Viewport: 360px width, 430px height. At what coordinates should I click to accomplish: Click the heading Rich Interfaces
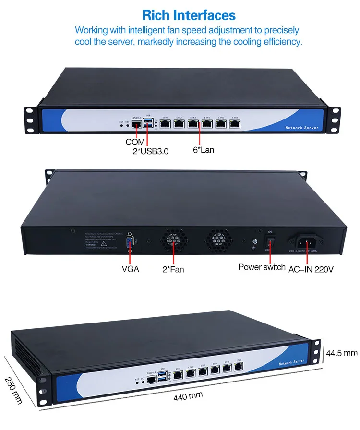click(x=189, y=15)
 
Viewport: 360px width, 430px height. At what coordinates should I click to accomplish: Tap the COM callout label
click(x=135, y=142)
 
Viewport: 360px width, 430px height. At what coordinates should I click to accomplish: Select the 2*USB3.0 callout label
click(x=151, y=151)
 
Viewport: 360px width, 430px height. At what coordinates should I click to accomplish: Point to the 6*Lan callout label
click(x=204, y=150)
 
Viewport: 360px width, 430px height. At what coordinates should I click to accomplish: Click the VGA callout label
click(x=130, y=269)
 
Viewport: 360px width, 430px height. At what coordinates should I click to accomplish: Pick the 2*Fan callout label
click(x=173, y=269)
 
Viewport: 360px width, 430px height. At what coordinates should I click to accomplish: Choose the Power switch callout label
click(x=262, y=267)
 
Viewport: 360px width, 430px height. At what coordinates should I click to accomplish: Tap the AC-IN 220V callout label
click(x=311, y=269)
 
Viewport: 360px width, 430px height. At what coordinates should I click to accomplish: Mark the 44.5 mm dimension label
click(x=342, y=353)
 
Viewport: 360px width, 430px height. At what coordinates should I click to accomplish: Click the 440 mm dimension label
click(x=188, y=396)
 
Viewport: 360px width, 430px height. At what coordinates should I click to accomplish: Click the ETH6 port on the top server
click(x=235, y=124)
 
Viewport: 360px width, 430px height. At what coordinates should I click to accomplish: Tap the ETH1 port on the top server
click(x=165, y=124)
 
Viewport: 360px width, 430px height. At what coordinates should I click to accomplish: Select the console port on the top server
click(x=137, y=124)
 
